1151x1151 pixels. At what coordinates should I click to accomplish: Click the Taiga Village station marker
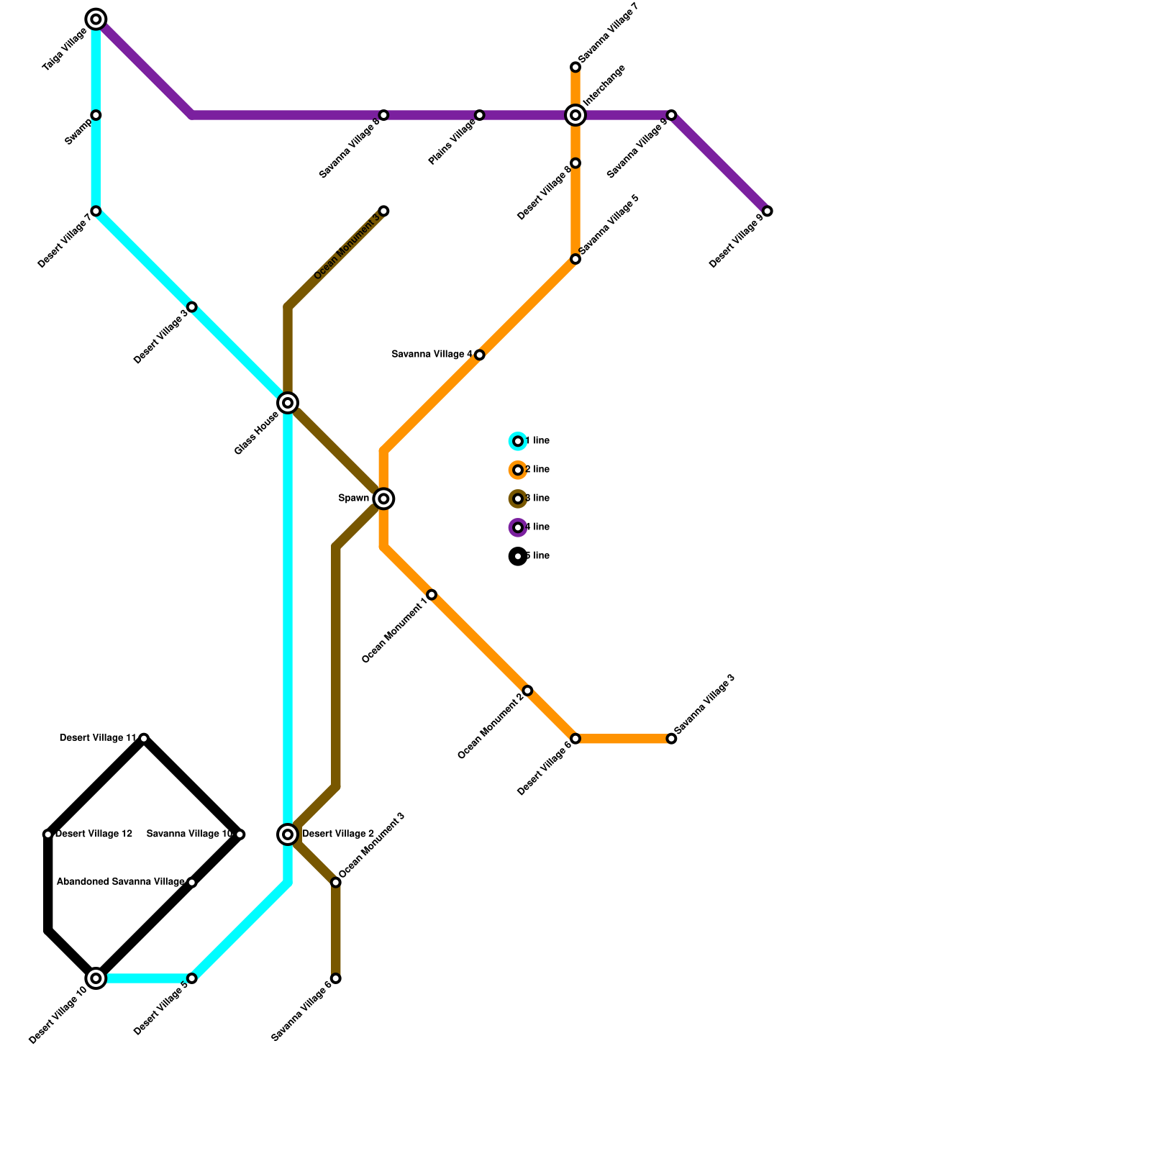(96, 19)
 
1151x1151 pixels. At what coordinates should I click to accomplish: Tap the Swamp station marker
(96, 115)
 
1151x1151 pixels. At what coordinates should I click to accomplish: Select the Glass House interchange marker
(288, 403)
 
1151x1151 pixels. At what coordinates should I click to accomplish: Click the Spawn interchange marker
(384, 499)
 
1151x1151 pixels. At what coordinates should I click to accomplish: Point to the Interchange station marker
(575, 115)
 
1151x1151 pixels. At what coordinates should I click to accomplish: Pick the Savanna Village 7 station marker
(575, 67)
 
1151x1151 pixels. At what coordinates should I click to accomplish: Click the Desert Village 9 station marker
(768, 211)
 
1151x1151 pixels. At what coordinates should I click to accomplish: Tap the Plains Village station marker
(480, 115)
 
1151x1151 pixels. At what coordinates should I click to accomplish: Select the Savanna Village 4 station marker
(480, 355)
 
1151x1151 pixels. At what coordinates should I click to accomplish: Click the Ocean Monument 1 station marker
(432, 594)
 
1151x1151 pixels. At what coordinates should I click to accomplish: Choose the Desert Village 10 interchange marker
(96, 978)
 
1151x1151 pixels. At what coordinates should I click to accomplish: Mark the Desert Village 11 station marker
(144, 738)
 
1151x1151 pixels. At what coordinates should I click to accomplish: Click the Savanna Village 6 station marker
(336, 978)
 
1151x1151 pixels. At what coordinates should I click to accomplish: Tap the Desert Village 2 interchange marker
(288, 834)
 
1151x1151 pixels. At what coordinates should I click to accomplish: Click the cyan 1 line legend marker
(518, 441)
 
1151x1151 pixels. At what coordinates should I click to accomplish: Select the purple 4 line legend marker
(518, 527)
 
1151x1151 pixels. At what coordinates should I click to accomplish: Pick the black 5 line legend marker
(518, 556)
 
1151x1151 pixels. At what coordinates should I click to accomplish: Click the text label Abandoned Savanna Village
(120, 882)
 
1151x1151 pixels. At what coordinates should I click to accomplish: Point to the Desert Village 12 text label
(94, 834)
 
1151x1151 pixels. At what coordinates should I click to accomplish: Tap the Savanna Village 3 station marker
(671, 739)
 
